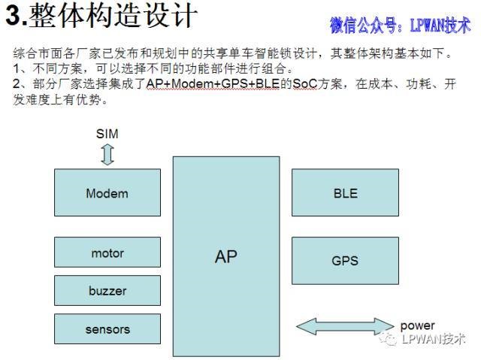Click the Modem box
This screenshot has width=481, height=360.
click(107, 192)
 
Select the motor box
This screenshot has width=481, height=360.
click(107, 252)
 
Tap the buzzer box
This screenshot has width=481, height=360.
click(107, 290)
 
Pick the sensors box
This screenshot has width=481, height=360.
click(107, 328)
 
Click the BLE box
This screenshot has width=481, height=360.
click(346, 192)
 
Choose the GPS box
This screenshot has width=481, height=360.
click(346, 261)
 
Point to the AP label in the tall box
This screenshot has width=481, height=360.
click(226, 256)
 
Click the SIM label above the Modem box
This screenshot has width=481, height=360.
click(107, 134)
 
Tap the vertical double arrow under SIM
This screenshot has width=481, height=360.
click(107, 155)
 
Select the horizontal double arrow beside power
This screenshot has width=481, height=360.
click(345, 326)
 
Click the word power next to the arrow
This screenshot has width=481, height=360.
click(418, 325)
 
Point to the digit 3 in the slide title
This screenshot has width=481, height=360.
click(14, 16)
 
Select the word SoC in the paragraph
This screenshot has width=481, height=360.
click(304, 83)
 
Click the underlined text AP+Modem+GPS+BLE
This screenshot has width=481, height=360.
click(213, 83)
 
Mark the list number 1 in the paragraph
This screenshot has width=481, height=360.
click(17, 68)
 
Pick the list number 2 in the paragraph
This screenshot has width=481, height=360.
click(17, 83)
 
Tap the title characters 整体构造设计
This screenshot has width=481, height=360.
click(113, 16)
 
